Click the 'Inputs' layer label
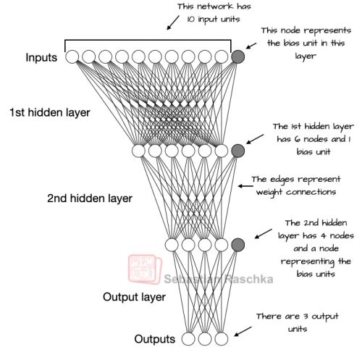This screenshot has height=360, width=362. pyautogui.click(x=41, y=57)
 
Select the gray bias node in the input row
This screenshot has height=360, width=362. pyautogui.click(x=237, y=56)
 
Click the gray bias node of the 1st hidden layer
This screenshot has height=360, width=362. pyautogui.click(x=237, y=151)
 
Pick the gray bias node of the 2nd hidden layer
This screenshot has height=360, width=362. pyautogui.click(x=237, y=245)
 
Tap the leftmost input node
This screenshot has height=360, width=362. pyautogui.click(x=72, y=56)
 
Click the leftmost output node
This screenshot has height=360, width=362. pyautogui.click(x=188, y=338)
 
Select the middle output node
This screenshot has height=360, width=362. pyautogui.click(x=205, y=338)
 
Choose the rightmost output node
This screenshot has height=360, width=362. pyautogui.click(x=222, y=338)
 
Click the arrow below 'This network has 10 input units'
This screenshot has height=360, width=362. pyautogui.click(x=173, y=25)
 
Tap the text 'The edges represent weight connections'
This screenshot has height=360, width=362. pyautogui.click(x=292, y=185)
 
